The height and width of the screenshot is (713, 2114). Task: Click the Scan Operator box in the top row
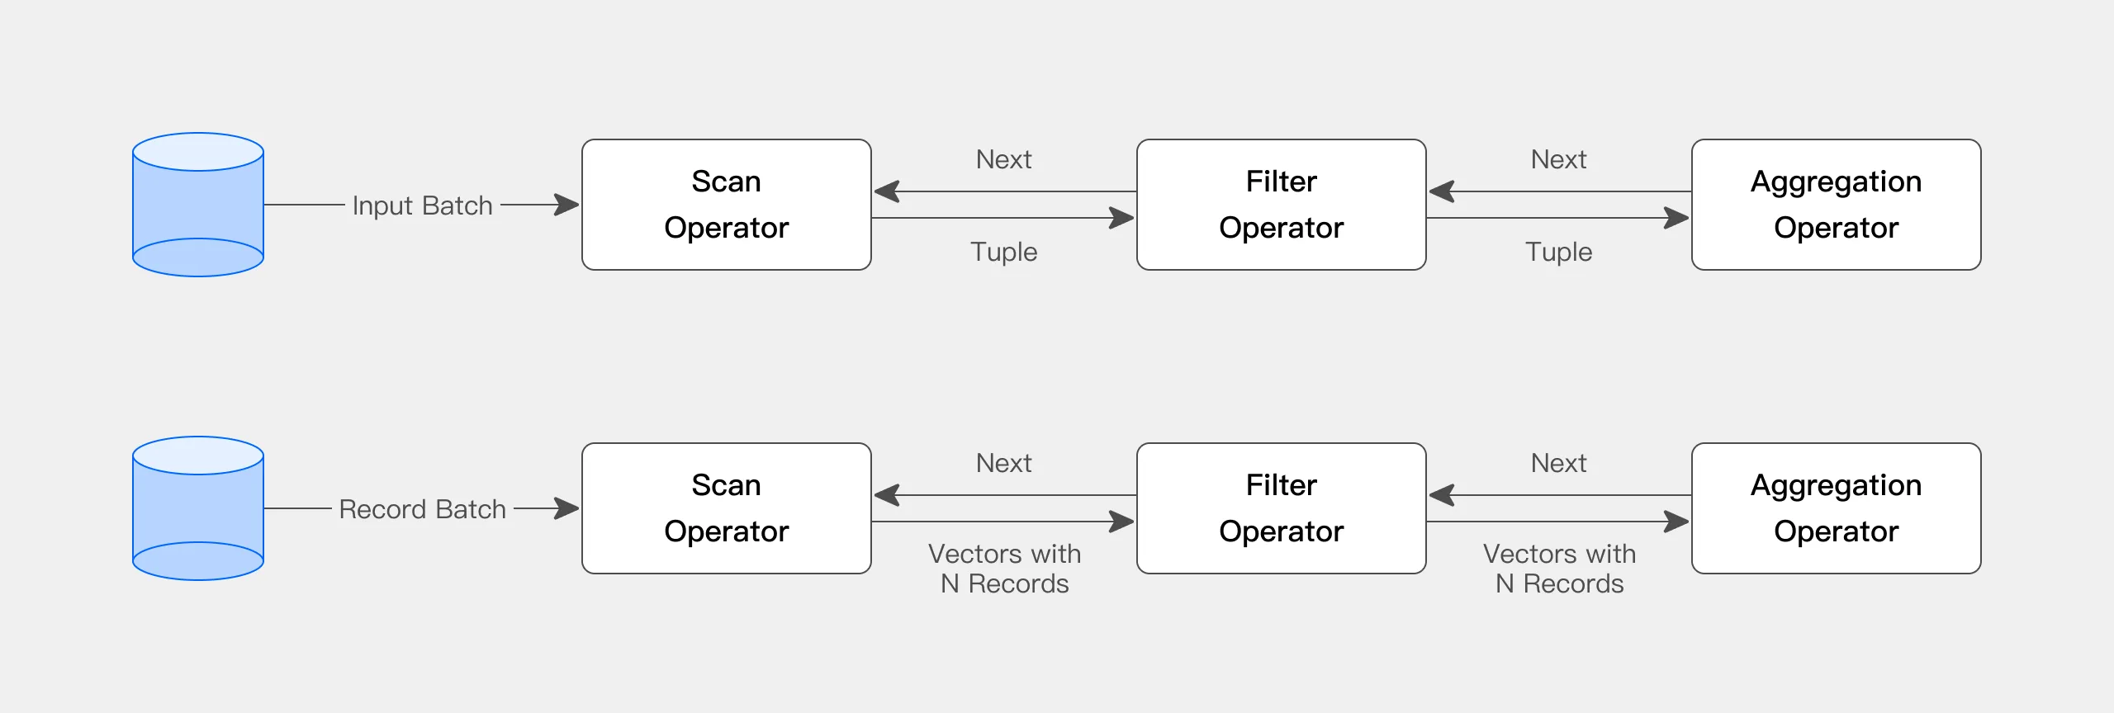point(726,205)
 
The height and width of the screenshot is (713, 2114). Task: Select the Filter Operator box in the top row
point(1281,205)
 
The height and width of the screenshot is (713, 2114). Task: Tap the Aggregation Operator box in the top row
point(1836,205)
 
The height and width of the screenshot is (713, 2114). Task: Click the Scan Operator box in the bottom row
point(726,508)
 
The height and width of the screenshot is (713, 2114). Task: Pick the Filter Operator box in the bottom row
point(1281,508)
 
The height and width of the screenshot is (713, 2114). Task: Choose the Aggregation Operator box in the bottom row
point(1836,508)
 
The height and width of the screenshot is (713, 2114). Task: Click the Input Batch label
point(422,205)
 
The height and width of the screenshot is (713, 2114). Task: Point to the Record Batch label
point(422,509)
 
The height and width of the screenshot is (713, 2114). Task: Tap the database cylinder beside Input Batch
point(198,205)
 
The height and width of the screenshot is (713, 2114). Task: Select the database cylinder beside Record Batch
point(198,508)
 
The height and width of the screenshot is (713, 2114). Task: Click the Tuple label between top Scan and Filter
point(1003,252)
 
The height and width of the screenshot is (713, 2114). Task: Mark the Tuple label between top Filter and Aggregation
point(1558,252)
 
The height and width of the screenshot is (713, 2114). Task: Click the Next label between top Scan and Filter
point(1003,159)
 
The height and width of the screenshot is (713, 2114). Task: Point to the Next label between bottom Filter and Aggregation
point(1558,463)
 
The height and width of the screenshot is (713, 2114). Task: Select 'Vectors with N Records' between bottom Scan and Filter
point(1004,569)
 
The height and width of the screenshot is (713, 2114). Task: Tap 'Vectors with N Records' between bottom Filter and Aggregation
point(1559,569)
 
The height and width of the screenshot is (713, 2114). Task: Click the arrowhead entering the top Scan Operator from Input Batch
point(568,205)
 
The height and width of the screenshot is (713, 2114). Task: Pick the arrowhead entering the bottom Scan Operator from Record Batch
point(568,508)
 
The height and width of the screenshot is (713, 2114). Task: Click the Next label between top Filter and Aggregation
point(1558,159)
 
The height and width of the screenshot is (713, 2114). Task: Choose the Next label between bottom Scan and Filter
point(1003,463)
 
